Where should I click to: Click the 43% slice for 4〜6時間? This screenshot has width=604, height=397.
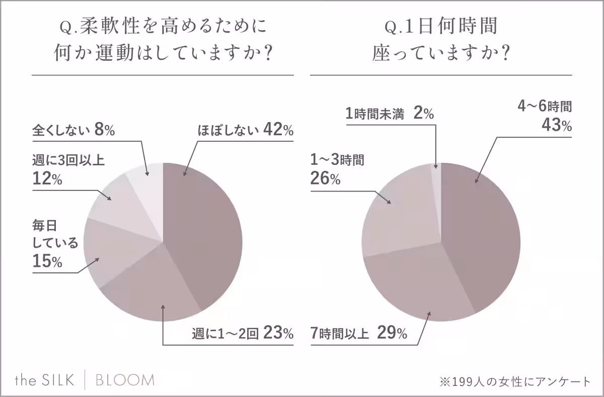(483, 231)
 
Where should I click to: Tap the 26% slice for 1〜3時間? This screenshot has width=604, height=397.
(398, 216)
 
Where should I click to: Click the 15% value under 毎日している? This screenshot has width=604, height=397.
(47, 262)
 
